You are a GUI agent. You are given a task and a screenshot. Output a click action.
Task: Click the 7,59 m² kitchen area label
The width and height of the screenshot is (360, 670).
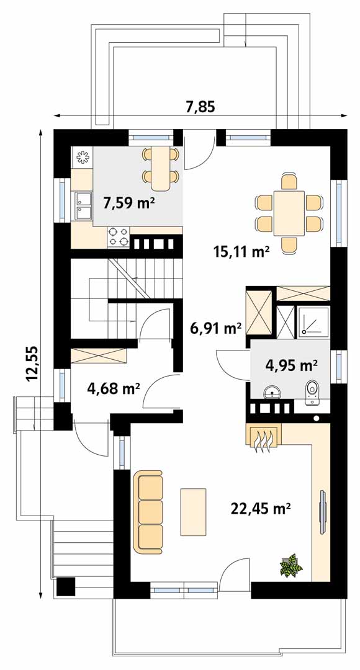[x=129, y=201]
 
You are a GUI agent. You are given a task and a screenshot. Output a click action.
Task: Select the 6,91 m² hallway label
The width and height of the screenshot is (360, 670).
[x=215, y=328]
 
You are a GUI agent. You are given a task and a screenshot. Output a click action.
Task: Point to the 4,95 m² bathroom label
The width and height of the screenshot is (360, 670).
[x=290, y=365]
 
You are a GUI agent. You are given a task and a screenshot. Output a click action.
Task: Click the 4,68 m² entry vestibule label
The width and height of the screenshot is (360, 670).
[x=114, y=388]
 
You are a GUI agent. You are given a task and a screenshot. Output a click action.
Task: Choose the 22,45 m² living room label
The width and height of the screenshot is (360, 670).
[x=261, y=508]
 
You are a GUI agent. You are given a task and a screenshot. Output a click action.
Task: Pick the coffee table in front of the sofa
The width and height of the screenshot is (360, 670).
[x=193, y=512]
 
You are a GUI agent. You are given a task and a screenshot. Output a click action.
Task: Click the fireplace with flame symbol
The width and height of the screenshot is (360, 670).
[x=264, y=437]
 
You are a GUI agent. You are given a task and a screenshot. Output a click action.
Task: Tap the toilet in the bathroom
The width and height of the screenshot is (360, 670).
[x=312, y=393]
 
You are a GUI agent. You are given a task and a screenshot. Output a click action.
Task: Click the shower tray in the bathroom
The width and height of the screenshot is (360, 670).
[x=314, y=320]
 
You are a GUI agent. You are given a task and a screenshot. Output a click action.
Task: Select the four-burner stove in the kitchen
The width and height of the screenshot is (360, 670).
[x=118, y=237]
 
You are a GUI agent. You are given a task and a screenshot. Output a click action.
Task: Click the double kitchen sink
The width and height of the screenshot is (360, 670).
[x=83, y=205]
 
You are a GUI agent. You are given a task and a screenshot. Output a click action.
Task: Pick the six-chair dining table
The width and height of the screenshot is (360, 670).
[x=289, y=213]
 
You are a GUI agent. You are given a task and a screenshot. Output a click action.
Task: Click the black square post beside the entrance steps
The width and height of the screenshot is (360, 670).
[x=66, y=586]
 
